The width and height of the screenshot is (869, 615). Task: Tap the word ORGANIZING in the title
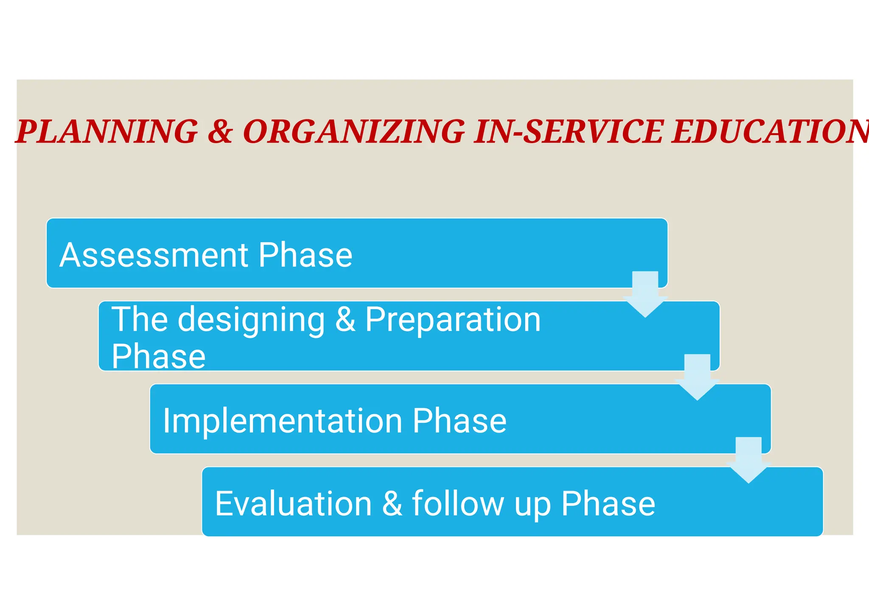pos(354,131)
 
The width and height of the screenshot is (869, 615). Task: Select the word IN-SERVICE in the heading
pos(568,131)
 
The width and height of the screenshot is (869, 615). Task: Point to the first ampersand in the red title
pos(220,131)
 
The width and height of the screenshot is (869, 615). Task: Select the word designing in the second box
pos(251,320)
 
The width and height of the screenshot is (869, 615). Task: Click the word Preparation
pos(453,319)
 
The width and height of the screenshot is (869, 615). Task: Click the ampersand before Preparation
pos(345,319)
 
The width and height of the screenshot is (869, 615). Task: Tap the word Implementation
pos(282,421)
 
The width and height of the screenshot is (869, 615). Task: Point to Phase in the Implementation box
pos(460,421)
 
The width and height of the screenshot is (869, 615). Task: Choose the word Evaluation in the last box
pos(293,503)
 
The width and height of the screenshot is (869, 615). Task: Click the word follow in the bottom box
pos(458,503)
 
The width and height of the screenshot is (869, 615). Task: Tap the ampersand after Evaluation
pos(392,503)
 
